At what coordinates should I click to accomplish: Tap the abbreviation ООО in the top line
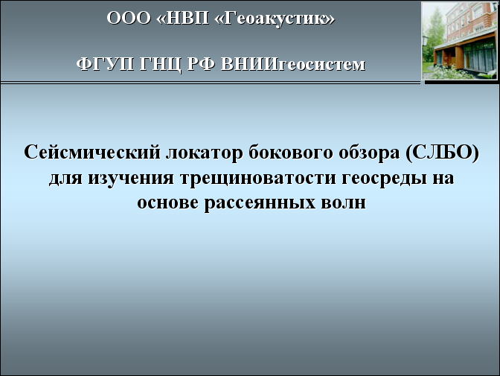[x=129, y=18]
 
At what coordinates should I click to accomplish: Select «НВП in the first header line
[x=183, y=18]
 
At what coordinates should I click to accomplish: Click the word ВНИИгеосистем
[x=292, y=65]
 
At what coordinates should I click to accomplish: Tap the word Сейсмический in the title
[x=92, y=152]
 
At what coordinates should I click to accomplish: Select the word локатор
[x=205, y=153]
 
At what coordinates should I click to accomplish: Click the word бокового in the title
[x=291, y=152]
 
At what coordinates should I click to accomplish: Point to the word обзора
[x=369, y=153]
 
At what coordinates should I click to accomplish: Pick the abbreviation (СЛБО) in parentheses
[x=442, y=152]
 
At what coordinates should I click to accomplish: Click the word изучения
[x=131, y=177]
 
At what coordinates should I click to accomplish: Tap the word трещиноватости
[x=258, y=177]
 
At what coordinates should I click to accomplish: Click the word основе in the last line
[x=167, y=203]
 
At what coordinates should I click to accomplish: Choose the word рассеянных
[x=260, y=203]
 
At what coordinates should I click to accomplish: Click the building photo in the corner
[x=460, y=40]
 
